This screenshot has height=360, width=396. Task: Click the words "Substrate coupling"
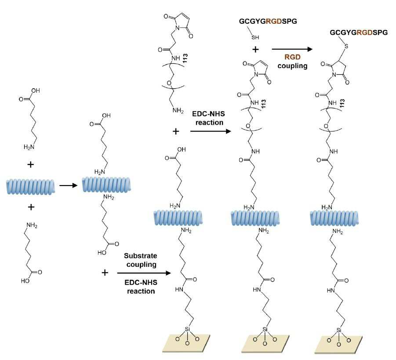tap(140, 260)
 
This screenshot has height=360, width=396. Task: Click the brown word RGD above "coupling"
tap(292, 57)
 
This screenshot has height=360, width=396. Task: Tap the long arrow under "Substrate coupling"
tap(144, 273)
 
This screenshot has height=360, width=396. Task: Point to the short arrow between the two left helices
tap(68, 185)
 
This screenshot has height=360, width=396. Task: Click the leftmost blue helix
tap(30, 187)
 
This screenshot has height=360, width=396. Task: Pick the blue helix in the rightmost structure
tap(334, 218)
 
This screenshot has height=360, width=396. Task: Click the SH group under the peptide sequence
tap(255, 37)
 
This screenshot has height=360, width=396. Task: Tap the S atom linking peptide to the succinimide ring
tap(346, 46)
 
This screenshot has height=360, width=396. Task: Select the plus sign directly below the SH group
tap(255, 49)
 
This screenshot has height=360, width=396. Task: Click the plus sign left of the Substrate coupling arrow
tap(105, 273)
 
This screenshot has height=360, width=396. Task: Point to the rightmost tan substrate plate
tap(338, 345)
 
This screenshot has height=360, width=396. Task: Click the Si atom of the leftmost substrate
tap(187, 329)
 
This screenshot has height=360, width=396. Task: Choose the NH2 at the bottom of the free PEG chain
tap(178, 110)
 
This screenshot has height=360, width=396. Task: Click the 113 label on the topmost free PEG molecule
tap(185, 58)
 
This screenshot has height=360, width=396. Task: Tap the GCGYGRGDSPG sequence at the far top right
tap(359, 33)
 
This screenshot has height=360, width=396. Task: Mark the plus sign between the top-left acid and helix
tap(31, 165)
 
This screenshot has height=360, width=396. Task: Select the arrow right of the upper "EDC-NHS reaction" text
tap(211, 131)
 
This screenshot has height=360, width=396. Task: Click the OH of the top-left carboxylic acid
tap(35, 91)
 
